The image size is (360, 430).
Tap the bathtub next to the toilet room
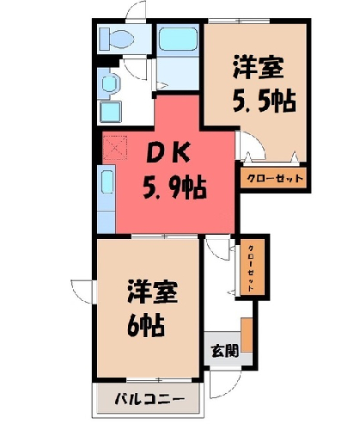(178, 39)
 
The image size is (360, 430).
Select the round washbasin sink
(110, 83)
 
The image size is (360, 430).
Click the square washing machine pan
(111, 112)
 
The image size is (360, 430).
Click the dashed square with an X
(114, 148)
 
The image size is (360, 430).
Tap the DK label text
(168, 153)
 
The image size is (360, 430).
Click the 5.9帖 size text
(174, 188)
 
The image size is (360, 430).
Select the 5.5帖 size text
(264, 101)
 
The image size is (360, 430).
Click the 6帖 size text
(146, 326)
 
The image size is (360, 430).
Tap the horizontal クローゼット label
(274, 178)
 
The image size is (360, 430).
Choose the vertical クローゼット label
(251, 267)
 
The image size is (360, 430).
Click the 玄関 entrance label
(225, 351)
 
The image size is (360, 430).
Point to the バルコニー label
(149, 399)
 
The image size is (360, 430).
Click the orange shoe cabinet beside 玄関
(247, 335)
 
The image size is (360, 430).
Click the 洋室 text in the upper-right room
(258, 67)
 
